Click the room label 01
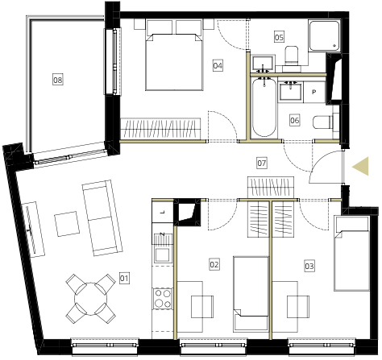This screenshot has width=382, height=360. pos(124,279)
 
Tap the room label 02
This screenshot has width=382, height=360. pos(214,265)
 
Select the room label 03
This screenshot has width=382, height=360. pos(309,267)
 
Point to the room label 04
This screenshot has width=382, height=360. pos(218,65)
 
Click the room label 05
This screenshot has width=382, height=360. pos(279,37)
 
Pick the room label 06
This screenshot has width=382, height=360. pos(294,120)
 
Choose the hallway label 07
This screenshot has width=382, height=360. pos(262,163)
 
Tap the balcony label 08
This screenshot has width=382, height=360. pos(58,80)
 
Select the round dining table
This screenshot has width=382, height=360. pos(91,299)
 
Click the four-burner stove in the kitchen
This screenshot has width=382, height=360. pos(163,298)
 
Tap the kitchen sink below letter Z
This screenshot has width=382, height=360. pos(162,254)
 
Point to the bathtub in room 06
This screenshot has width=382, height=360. pos(264,107)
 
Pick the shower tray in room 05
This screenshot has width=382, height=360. pos(325,35)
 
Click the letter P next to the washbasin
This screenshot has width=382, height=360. pos(314,92)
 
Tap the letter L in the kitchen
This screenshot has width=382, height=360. pos(162,212)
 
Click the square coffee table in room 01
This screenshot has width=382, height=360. pos(67,224)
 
